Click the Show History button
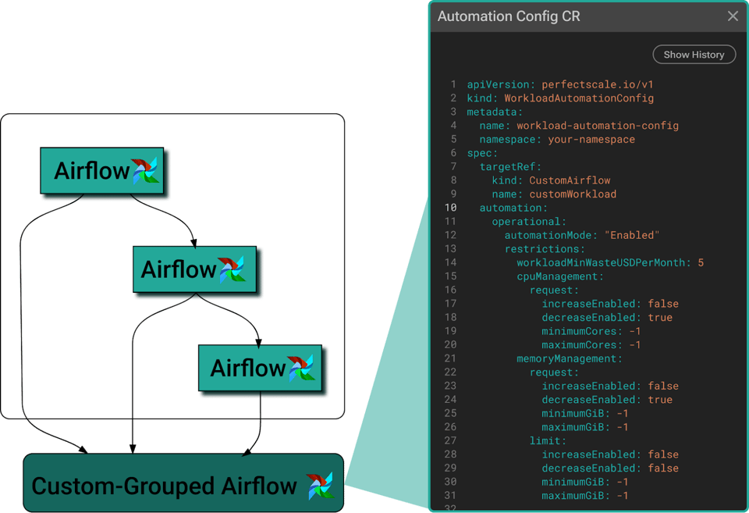point(694,55)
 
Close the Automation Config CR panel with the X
point(733,16)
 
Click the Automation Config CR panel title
point(509,16)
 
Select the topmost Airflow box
point(101,171)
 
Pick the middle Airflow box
point(195,269)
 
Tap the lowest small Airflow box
point(261,368)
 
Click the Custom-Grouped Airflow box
point(183,483)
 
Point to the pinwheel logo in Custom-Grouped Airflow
point(320,485)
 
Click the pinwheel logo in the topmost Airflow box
point(145,171)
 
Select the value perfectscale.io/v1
point(597,84)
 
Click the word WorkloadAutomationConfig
point(579,98)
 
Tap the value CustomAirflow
point(570,180)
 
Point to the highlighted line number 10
point(451,208)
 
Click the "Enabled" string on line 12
point(632,235)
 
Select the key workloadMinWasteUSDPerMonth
point(601,262)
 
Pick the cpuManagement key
point(557,276)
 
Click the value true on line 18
point(660,318)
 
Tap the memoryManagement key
point(566,358)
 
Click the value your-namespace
point(591,140)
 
